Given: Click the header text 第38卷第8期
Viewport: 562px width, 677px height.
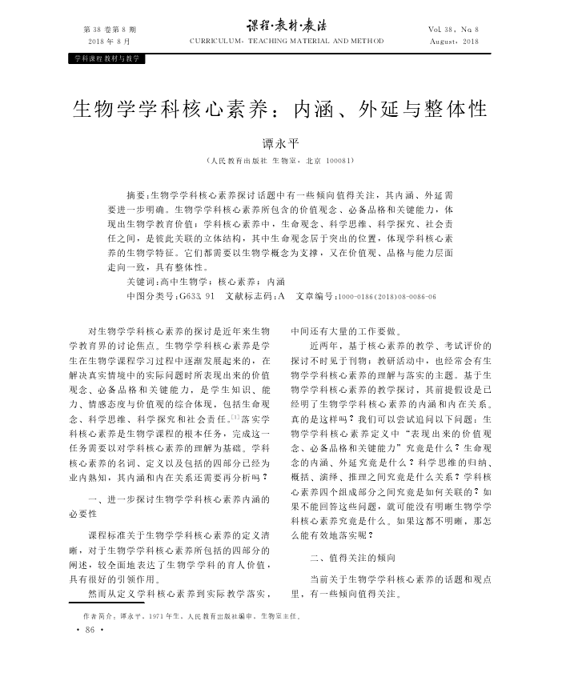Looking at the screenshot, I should [x=107, y=29].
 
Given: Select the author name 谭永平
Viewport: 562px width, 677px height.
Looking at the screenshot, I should [x=280, y=144].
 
